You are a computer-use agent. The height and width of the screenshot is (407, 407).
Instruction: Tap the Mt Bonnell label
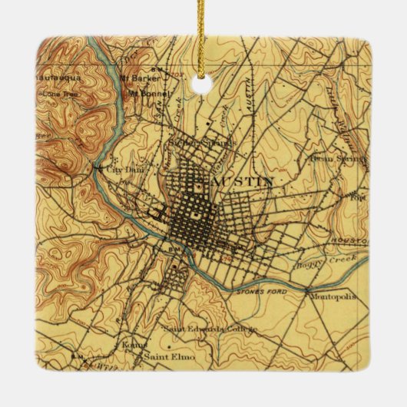[x=144, y=94]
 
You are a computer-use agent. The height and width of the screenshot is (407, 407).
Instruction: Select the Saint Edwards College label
[x=209, y=329]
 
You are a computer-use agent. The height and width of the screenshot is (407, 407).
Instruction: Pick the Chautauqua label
[x=58, y=78]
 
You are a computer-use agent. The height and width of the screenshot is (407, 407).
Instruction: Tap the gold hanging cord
[x=203, y=31]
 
